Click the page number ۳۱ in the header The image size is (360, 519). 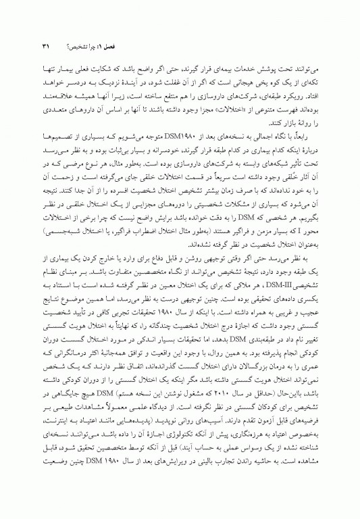pyautogui.click(x=47, y=47)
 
